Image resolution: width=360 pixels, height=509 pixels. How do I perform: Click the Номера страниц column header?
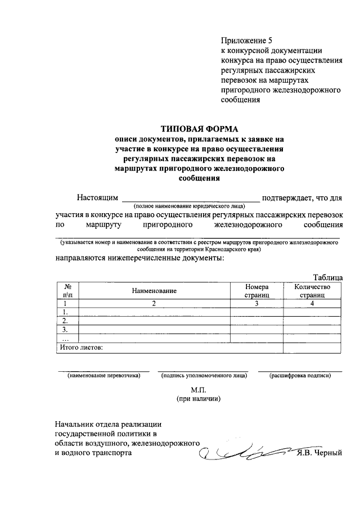pyautogui.click(x=256, y=290)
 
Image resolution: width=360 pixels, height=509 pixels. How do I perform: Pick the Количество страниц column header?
pyautogui.click(x=312, y=290)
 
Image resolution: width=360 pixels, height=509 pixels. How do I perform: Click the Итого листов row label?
pyautogui.click(x=82, y=348)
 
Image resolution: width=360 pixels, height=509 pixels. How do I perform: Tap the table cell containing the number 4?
pyautogui.click(x=312, y=303)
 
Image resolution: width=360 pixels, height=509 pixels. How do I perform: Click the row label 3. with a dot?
pyautogui.click(x=66, y=330)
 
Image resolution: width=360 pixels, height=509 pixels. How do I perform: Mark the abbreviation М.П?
pyautogui.click(x=200, y=389)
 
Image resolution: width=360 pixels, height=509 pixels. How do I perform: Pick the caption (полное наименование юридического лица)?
pyautogui.click(x=190, y=207)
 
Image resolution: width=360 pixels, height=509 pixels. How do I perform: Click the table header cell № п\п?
pyautogui.click(x=67, y=290)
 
